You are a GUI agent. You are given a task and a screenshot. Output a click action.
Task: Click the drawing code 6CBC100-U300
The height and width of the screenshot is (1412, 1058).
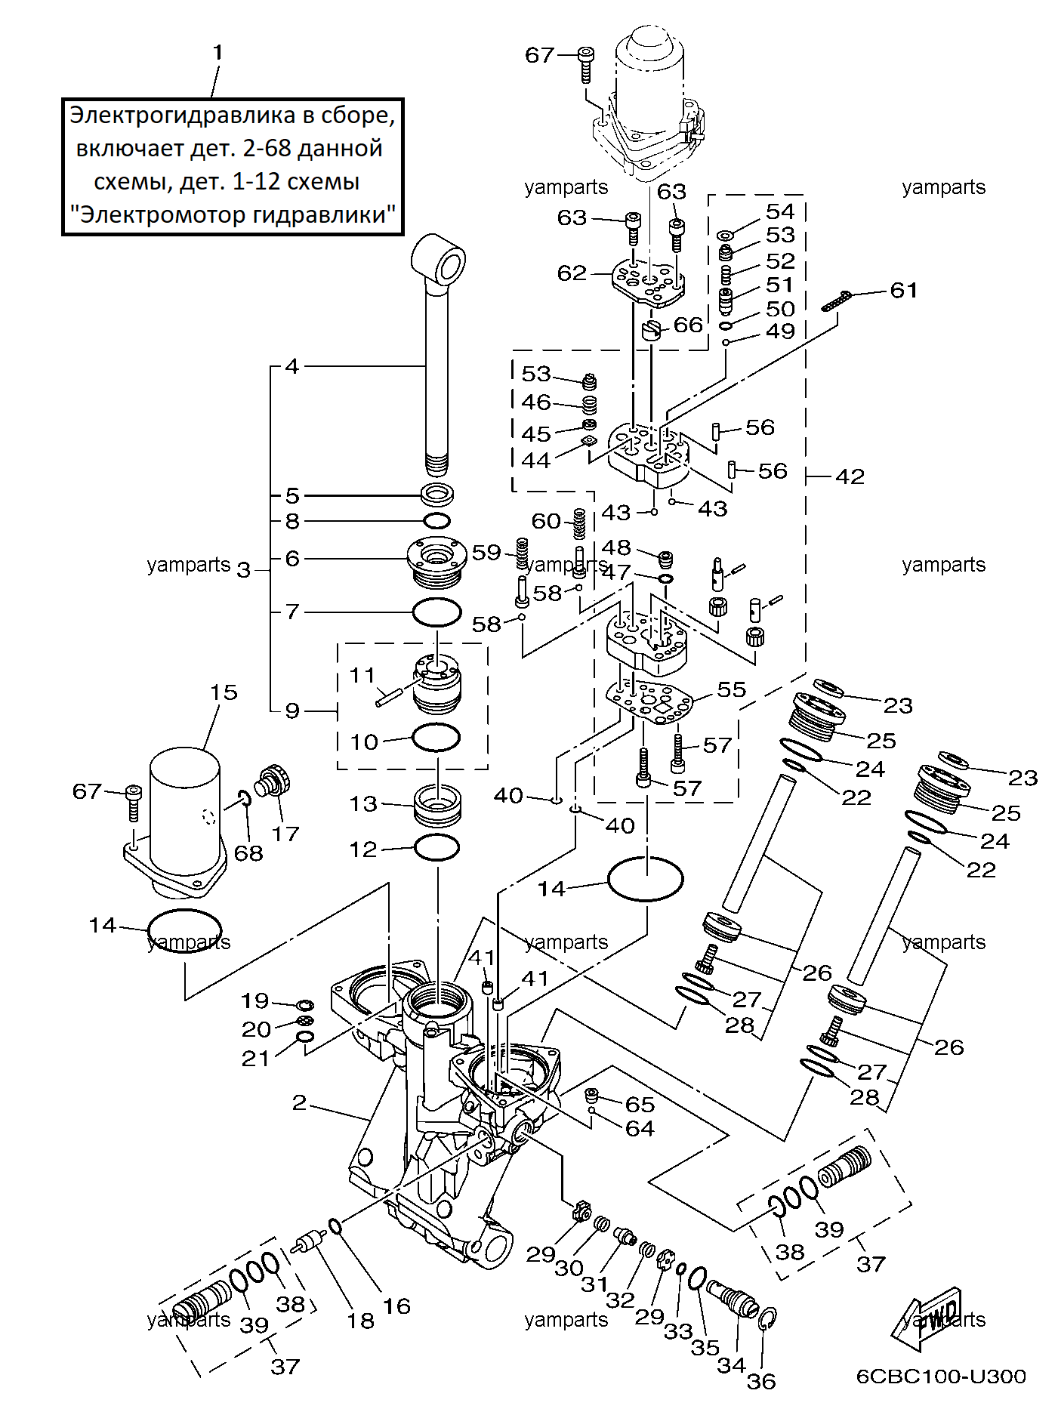coord(941,1377)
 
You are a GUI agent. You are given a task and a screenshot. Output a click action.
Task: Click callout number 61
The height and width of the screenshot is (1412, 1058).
coord(904,290)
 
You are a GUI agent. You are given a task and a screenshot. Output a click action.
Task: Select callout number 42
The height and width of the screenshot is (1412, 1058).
coord(850,476)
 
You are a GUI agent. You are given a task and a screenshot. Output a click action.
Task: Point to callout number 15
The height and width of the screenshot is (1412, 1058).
coord(224,692)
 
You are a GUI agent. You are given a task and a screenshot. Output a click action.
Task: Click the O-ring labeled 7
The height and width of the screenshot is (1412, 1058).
coord(436,612)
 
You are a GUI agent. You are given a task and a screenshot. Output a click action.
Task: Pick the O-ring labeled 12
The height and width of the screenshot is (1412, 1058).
coord(437,848)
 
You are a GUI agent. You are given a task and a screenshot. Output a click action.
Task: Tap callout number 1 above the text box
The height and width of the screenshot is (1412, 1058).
coord(217,53)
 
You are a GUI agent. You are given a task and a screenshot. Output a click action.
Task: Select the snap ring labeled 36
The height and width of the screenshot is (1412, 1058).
coord(767,1318)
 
